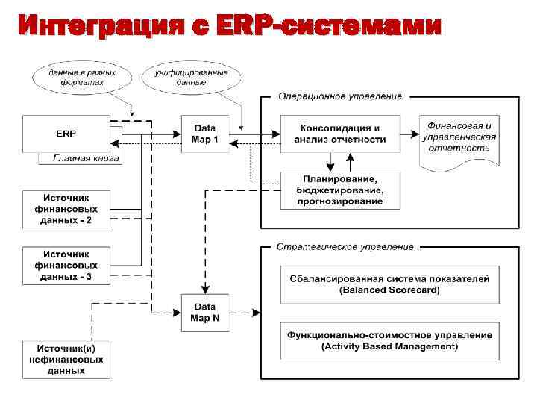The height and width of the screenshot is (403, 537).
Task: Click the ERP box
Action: click(x=66, y=134)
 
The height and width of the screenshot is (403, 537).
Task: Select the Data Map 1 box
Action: click(x=205, y=134)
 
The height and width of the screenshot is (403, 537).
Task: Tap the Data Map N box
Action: click(x=205, y=313)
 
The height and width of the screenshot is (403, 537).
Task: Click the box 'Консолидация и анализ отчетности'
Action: click(x=340, y=134)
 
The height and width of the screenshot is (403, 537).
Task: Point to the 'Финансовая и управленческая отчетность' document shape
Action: click(x=459, y=138)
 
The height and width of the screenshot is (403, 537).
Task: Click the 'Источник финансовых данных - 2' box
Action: click(x=66, y=210)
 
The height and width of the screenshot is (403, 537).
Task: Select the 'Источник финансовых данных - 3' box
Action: click(x=66, y=266)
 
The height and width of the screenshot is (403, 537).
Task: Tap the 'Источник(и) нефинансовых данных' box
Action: click(x=66, y=360)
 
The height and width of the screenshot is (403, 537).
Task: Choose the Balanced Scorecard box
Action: click(x=389, y=284)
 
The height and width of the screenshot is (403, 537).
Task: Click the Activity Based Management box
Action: click(x=389, y=340)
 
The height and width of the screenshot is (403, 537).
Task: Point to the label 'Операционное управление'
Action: click(x=339, y=96)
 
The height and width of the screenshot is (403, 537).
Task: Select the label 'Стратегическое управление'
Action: click(x=345, y=246)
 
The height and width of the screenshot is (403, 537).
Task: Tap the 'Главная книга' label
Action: click(x=86, y=158)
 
